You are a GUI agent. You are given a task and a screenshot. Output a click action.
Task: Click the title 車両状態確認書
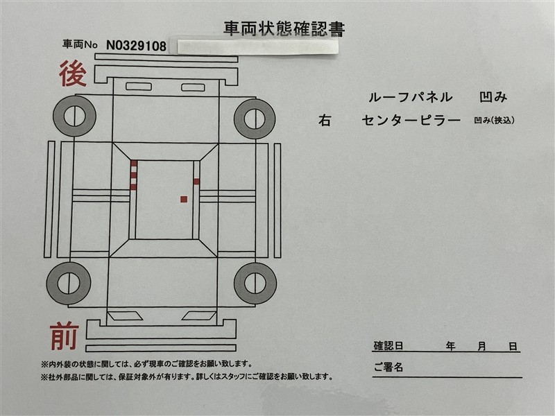tap(284, 29)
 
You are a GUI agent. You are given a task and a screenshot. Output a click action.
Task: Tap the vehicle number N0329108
tap(136, 46)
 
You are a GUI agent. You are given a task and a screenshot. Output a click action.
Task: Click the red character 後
tap(73, 73)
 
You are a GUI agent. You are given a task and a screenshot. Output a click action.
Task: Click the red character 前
tap(65, 336)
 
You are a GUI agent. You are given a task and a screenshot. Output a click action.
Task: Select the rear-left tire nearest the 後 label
tap(75, 116)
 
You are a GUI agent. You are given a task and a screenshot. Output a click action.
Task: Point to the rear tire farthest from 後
tap(255, 119)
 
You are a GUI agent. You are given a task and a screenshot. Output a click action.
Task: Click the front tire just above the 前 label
tap(68, 284)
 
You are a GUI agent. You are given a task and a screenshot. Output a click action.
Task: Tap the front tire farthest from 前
tap(255, 283)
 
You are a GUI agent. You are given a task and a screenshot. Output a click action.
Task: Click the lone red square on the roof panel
tap(184, 199)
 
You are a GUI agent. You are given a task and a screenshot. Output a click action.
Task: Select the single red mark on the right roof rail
tap(196, 182)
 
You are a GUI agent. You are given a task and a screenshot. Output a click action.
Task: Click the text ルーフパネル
tap(410, 97)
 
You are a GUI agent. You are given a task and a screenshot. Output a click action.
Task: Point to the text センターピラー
tap(411, 120)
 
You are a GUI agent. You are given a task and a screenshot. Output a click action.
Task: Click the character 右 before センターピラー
tap(324, 120)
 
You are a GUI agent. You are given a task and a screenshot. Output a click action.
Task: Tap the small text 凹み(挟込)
tap(494, 120)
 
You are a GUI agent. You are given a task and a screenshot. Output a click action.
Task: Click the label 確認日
tap(388, 345)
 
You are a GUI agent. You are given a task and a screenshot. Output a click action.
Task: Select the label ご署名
tap(388, 367)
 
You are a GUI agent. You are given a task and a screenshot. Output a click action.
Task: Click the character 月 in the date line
tap(481, 346)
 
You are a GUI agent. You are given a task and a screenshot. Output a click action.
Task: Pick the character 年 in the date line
tap(450, 346)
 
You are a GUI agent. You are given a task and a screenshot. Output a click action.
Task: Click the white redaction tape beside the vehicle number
tap(257, 47)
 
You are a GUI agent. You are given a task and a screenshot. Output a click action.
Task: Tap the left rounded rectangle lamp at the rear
tap(139, 86)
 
